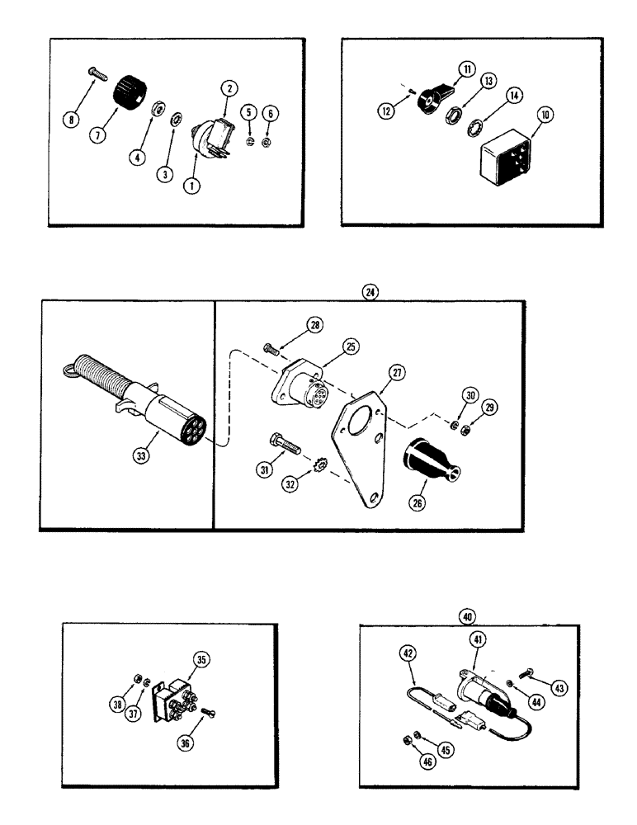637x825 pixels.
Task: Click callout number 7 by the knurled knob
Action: (x=98, y=134)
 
